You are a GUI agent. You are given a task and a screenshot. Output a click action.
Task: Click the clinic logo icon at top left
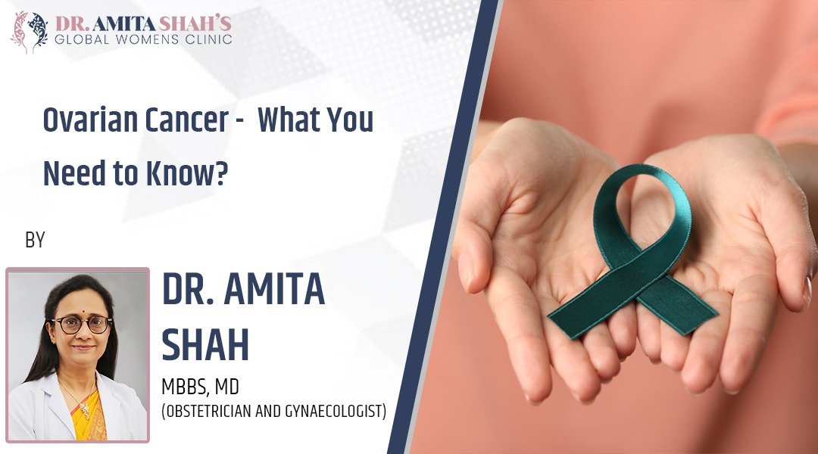click(x=28, y=30)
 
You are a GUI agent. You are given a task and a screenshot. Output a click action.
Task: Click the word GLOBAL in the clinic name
click(x=84, y=38)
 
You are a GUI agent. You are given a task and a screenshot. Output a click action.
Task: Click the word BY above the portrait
click(x=35, y=241)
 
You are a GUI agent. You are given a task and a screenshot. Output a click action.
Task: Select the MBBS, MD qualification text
click(x=201, y=387)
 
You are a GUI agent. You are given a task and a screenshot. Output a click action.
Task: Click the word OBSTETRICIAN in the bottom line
click(x=212, y=412)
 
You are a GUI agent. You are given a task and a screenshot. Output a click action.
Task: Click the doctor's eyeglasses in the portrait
click(x=80, y=325)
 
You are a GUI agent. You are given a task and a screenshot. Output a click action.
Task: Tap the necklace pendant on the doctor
click(x=86, y=412)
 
